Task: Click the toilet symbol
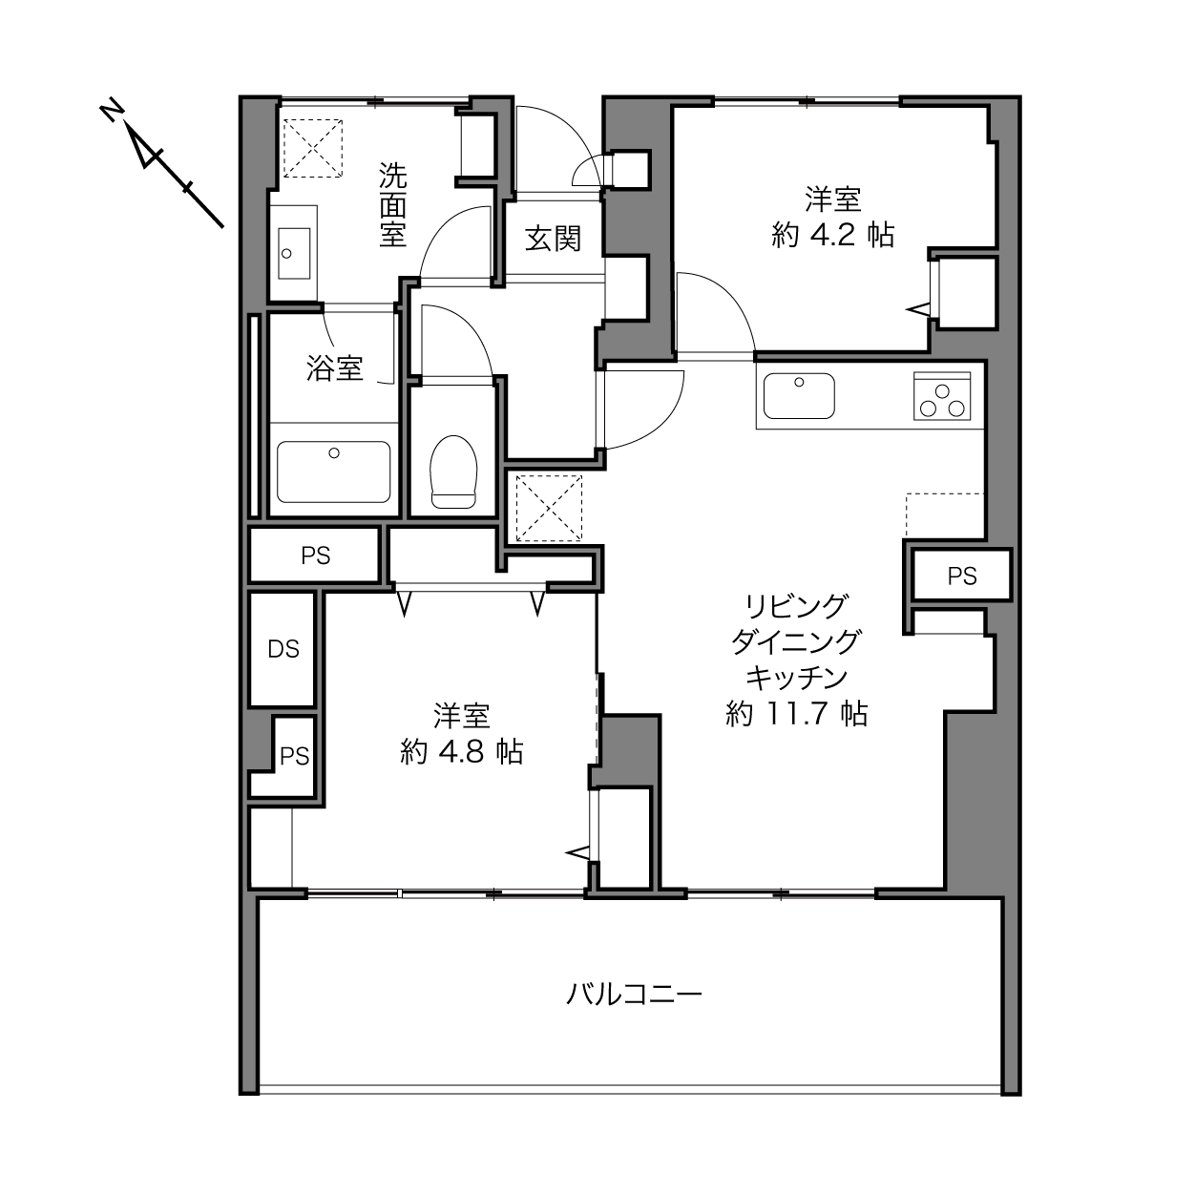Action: [453, 472]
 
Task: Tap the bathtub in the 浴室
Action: [334, 472]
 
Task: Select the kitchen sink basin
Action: [799, 396]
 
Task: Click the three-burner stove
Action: [942, 396]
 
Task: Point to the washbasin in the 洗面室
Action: [293, 253]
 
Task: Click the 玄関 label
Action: [553, 239]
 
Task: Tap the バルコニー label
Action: [635, 995]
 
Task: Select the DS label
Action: [283, 649]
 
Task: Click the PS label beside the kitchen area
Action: [962, 577]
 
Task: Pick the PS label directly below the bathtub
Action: [316, 556]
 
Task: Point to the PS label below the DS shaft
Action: [294, 756]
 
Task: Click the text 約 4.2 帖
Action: [833, 236]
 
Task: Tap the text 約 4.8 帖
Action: [462, 751]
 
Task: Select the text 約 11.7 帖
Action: [796, 713]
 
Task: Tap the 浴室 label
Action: [334, 368]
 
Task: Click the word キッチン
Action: [796, 677]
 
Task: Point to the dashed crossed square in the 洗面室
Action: [312, 148]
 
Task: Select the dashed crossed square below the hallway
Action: [549, 508]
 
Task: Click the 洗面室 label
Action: [393, 205]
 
